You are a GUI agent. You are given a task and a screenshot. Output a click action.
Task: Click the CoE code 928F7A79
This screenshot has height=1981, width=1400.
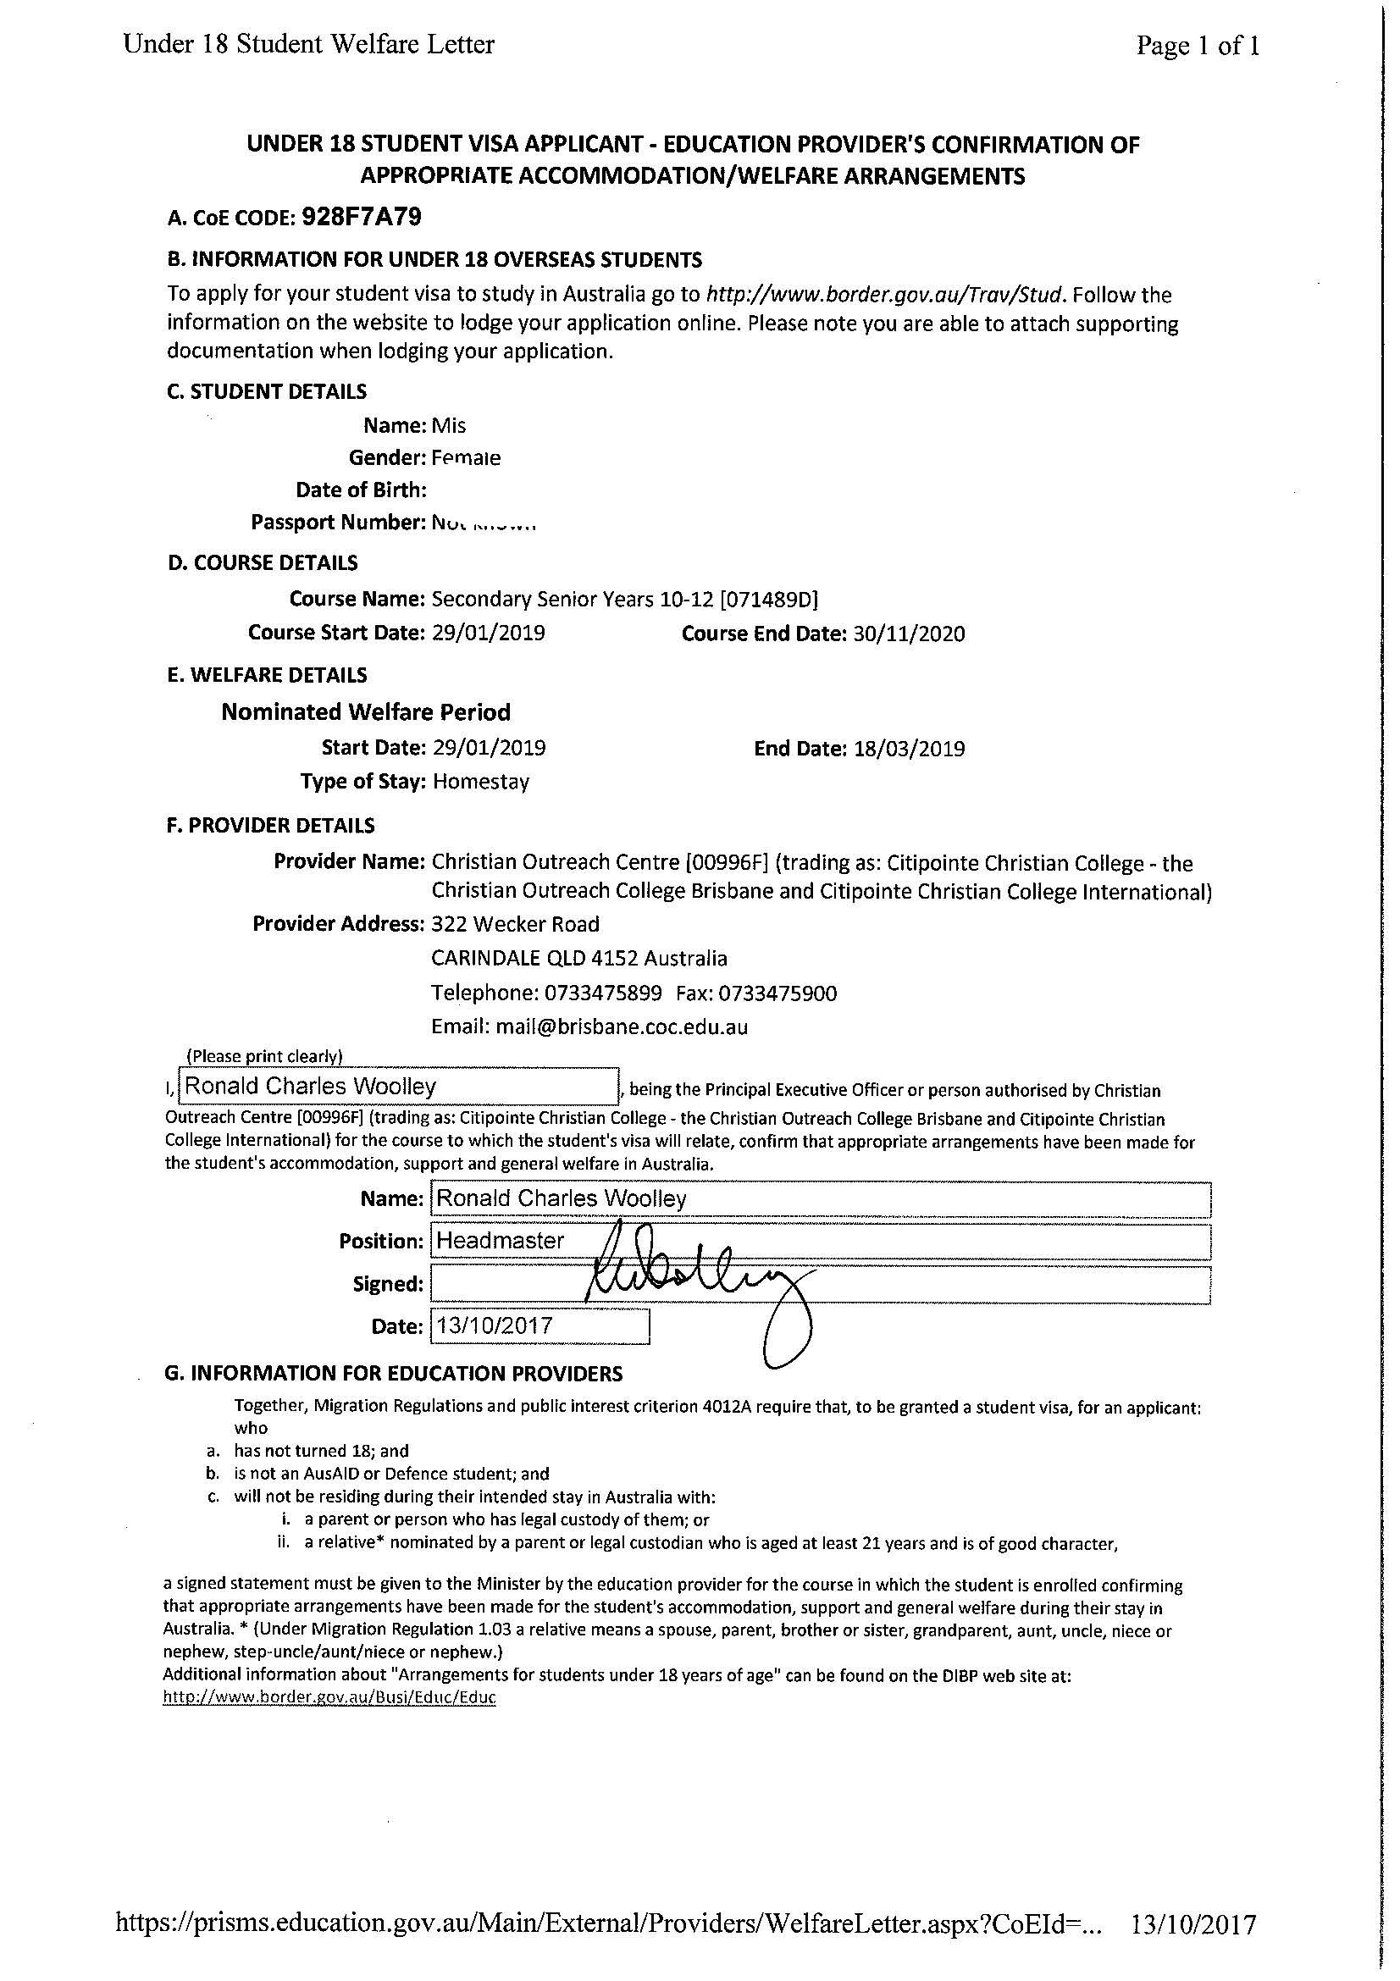pyautogui.click(x=362, y=218)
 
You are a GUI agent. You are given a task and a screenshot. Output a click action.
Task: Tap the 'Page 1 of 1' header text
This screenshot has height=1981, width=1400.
pyautogui.click(x=1198, y=46)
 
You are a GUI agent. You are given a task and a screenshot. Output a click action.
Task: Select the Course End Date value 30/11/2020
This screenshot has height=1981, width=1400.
pyautogui.click(x=909, y=634)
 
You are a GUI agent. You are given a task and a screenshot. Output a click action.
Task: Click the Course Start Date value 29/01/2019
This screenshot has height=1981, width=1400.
pyautogui.click(x=488, y=633)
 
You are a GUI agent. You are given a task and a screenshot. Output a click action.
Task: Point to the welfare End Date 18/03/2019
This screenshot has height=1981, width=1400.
pyautogui.click(x=909, y=748)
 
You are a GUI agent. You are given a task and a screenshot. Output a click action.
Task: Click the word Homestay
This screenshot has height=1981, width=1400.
pyautogui.click(x=480, y=782)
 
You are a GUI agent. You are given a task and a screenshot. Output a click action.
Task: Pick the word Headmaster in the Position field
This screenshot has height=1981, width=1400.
pyautogui.click(x=501, y=1241)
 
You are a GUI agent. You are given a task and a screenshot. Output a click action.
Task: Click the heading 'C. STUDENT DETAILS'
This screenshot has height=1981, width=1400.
pyautogui.click(x=267, y=392)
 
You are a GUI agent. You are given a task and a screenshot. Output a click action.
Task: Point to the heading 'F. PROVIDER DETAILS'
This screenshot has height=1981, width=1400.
pyautogui.click(x=271, y=826)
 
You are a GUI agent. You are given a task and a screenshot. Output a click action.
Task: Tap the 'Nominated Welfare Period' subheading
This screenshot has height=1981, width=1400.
pyautogui.click(x=366, y=711)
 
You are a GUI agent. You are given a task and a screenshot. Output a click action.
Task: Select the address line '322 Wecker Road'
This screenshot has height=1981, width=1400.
pyautogui.click(x=515, y=924)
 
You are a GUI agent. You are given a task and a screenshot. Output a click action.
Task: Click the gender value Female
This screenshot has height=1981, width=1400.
pyautogui.click(x=466, y=458)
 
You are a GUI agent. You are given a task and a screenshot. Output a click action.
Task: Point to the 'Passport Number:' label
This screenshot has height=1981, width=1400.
pyautogui.click(x=338, y=522)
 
